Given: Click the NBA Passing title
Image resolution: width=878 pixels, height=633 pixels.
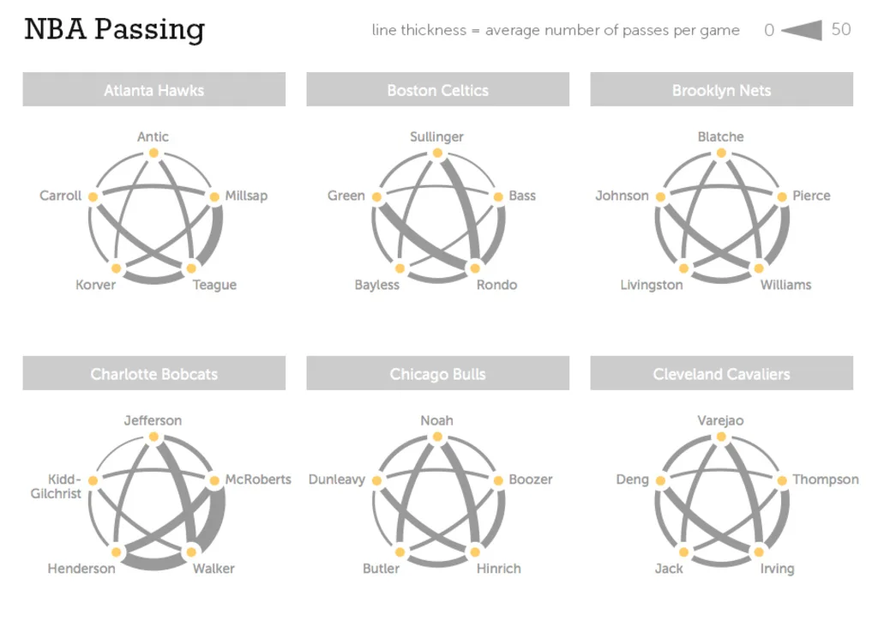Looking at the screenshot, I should tap(114, 29).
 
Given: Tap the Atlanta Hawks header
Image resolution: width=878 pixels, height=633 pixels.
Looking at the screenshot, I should tap(153, 90).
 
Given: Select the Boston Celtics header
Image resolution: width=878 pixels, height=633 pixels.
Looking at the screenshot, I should tap(437, 90).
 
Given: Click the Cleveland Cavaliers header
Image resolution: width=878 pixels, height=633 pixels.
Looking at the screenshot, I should tap(721, 374).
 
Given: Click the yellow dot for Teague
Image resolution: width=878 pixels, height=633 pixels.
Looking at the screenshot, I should tap(191, 268).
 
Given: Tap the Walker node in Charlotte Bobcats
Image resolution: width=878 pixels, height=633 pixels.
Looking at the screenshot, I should tap(191, 552).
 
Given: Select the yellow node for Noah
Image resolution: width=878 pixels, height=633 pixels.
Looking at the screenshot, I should tap(437, 437).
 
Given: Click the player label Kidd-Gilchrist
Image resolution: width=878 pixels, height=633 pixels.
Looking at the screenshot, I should tap(57, 486).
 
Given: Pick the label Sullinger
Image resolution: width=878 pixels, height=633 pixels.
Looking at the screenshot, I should tap(436, 136).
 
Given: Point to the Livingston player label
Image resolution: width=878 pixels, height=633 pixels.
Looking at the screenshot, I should tap(652, 285).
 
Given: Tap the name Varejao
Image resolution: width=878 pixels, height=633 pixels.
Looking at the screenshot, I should tap(720, 420).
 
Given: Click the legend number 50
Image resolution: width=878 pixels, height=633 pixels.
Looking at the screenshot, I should tap(841, 29).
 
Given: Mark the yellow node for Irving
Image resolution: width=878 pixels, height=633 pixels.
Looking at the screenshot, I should tap(759, 552).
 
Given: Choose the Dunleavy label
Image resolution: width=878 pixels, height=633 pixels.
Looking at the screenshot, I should tap(337, 479).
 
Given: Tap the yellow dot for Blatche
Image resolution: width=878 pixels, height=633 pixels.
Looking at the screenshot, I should tap(721, 153).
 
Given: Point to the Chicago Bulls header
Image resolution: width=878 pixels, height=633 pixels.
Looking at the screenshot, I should tap(437, 374).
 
